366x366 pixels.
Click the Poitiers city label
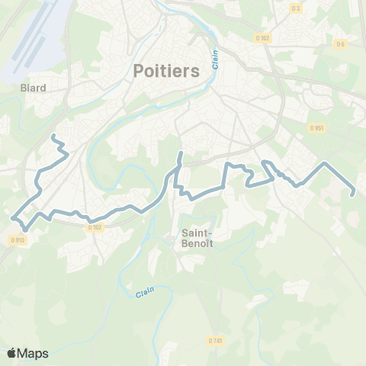(x=166, y=71)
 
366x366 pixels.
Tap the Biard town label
(x=34, y=88)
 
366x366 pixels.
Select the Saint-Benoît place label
(x=197, y=238)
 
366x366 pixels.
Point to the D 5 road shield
(x=339, y=44)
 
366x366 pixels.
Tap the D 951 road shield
(x=318, y=128)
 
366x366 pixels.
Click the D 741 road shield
(x=215, y=341)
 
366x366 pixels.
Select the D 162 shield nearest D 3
(x=262, y=37)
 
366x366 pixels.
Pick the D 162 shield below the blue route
(x=95, y=227)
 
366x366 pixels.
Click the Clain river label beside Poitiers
(x=216, y=60)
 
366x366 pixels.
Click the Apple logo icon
(x=11, y=353)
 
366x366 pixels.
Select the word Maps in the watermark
(x=34, y=353)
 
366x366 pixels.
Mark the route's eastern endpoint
(x=352, y=194)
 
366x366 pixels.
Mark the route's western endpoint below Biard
(x=53, y=136)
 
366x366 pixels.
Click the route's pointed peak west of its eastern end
(x=326, y=164)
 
